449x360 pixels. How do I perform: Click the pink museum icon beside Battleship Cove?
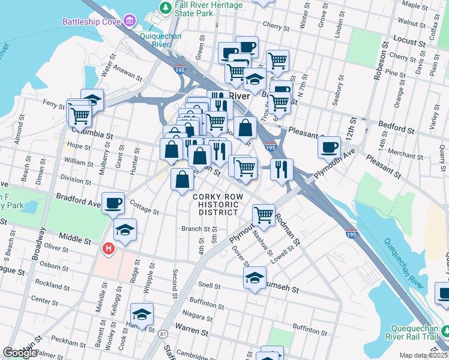(129, 23)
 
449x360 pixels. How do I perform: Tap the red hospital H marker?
(109, 248)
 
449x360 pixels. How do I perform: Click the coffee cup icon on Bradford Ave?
(113, 203)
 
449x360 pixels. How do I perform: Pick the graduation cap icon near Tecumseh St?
(255, 278)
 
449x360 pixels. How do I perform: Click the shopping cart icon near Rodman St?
(264, 214)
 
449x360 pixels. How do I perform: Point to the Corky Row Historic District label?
(215, 205)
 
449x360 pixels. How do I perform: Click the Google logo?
(20, 353)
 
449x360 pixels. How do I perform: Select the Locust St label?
(405, 38)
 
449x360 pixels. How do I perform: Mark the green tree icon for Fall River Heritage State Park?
(164, 7)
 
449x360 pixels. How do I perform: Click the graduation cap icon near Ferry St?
(92, 99)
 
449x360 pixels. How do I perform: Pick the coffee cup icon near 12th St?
(329, 147)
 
